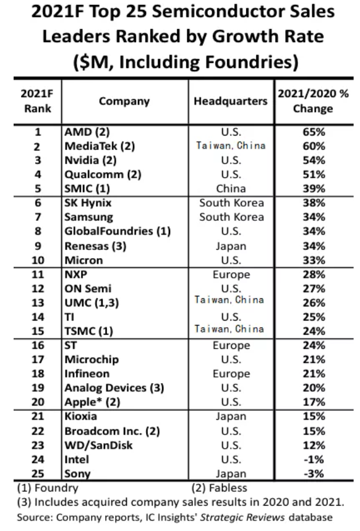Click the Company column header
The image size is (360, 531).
coord(124,101)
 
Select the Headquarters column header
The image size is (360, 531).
coord(231,101)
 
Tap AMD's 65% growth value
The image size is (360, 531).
coord(314,132)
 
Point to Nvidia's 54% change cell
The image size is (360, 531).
coord(314,160)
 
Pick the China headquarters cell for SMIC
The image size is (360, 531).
coord(231,189)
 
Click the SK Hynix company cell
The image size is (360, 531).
coord(88,203)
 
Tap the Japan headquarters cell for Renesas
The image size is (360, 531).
coord(231,246)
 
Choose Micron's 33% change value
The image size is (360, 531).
coord(314,260)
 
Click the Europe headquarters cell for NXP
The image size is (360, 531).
coord(231,275)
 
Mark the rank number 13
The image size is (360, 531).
coord(38,303)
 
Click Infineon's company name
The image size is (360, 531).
coord(87,374)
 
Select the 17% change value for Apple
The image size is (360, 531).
coord(314,402)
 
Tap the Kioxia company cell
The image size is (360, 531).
coord(81,417)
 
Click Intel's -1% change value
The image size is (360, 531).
coord(314,460)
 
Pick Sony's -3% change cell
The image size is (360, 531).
coord(314,473)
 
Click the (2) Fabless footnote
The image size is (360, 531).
coord(219,488)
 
